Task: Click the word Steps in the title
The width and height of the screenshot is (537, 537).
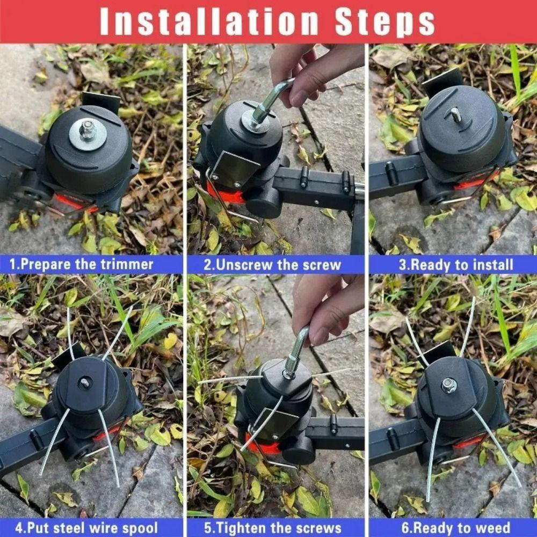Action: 384,23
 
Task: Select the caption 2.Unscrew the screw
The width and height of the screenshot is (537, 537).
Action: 272,265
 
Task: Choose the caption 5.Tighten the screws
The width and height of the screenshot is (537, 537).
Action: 273,527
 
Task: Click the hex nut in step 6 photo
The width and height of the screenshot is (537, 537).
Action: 449,384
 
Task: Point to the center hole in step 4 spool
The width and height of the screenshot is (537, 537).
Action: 85,383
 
